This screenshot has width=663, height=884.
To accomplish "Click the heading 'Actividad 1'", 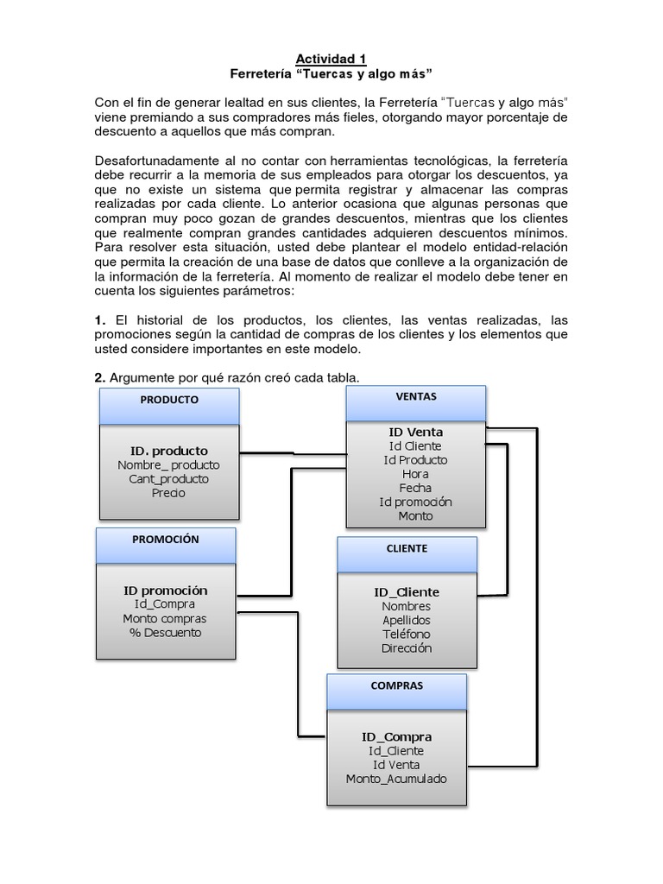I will [x=331, y=59].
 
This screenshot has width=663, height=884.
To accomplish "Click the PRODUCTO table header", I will [x=169, y=400].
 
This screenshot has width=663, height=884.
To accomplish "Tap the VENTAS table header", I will [x=415, y=397].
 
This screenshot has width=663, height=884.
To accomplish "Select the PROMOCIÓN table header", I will [x=165, y=540].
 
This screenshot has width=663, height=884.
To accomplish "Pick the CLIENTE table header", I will [x=406, y=548].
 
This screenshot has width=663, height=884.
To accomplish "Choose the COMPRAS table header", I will [x=396, y=685].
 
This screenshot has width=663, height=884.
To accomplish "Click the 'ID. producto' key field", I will [x=169, y=451].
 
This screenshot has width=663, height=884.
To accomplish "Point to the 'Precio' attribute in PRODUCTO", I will [x=169, y=493].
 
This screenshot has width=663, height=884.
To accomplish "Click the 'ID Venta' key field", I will [x=415, y=432].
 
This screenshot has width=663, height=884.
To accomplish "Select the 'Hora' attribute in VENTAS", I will [x=415, y=474].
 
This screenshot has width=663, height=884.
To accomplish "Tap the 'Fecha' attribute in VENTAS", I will [x=415, y=488].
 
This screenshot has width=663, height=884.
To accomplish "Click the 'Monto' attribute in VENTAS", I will [x=415, y=516].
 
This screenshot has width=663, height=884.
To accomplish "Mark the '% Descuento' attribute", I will [x=165, y=633].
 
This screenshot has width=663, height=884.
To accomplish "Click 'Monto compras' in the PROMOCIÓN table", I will [x=165, y=618].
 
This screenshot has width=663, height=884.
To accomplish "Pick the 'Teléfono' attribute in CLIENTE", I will [x=406, y=634].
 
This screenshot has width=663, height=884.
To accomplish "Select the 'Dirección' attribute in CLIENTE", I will [x=406, y=647].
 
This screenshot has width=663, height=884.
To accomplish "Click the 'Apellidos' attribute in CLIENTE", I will [x=406, y=620].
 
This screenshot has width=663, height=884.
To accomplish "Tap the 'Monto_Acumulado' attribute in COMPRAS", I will [x=396, y=779].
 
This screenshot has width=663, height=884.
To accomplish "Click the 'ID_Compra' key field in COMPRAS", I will [x=396, y=736].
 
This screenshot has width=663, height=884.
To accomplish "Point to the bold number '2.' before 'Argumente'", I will [x=100, y=377].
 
